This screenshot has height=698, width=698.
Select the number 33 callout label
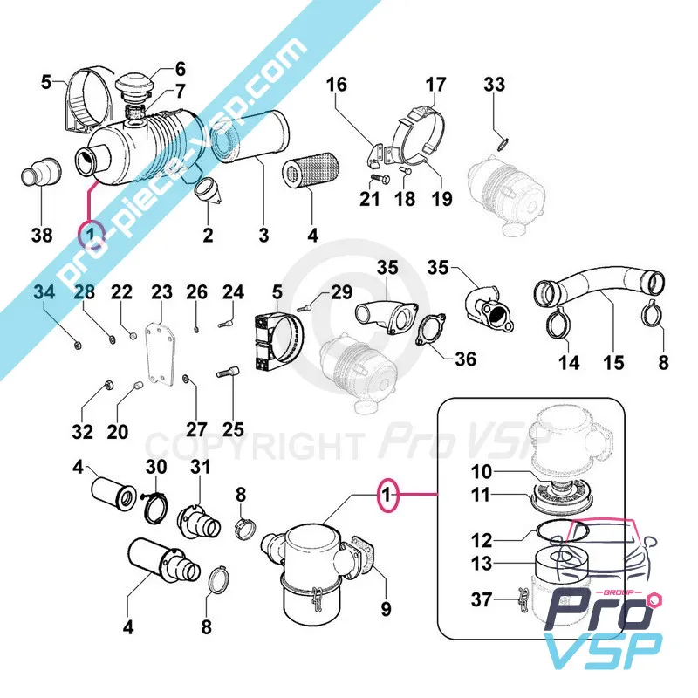coord(494,86)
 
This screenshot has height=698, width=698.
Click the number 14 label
coord(569,361)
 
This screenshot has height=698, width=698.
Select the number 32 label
coord(82,431)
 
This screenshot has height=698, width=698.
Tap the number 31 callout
coord(201,468)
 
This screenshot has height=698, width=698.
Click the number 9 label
coord(385,607)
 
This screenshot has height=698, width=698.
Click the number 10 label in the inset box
coord(482,472)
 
